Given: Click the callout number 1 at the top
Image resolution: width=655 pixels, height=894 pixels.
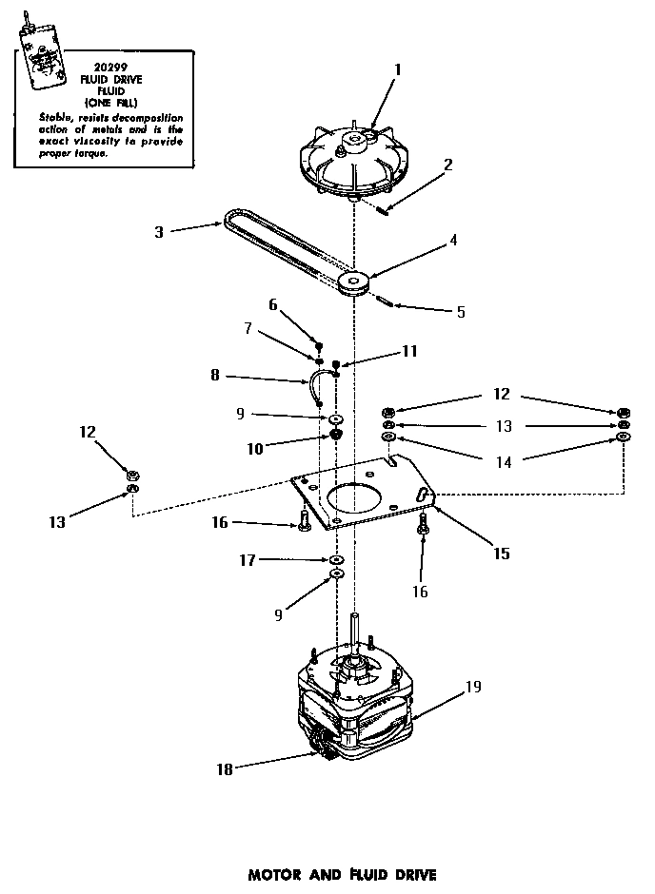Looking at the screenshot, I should point(397,68).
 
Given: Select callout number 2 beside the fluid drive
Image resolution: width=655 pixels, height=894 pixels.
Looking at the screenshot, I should point(447,164).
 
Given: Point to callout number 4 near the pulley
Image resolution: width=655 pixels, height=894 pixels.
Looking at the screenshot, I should point(453,240).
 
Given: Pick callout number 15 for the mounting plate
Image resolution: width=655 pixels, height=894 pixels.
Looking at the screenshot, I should point(501,553).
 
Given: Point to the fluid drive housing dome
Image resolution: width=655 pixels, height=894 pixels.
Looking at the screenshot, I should point(352,166).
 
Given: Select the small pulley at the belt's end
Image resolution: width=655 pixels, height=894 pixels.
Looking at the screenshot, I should point(356,282).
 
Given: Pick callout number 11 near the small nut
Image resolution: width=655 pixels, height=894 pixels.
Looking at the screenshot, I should point(409,351).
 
